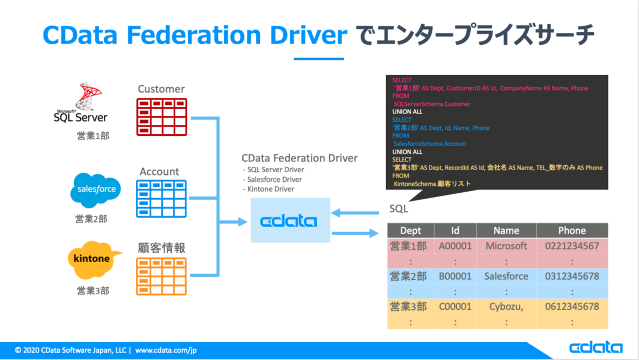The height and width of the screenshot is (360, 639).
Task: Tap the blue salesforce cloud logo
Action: pos(96,190)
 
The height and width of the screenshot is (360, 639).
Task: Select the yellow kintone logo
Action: pos(93,259)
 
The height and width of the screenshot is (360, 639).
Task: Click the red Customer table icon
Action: pos(161,117)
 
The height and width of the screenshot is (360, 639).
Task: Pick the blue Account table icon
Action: pos(161,199)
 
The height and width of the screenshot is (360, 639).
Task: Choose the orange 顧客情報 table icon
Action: pos(161,276)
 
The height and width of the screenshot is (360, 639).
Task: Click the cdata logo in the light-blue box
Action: pos(289,221)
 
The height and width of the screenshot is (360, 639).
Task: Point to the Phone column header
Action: pos(572,231)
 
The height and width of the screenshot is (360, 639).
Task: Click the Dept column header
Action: pos(411,231)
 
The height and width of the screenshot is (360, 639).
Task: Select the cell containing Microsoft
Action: pos(506,246)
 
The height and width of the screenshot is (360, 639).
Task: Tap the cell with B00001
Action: pos(455,276)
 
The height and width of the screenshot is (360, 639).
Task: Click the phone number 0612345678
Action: pos(572,306)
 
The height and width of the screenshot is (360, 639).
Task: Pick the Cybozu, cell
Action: pos(506,306)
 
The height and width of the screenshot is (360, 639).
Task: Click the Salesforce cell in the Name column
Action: pos(506,276)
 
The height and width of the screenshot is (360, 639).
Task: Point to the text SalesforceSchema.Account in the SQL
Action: pos(430,144)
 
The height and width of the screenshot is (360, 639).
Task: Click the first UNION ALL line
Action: pos(407,112)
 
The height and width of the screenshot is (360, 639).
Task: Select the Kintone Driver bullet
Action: pos(270,189)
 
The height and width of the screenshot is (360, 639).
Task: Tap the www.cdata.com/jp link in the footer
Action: pos(166,351)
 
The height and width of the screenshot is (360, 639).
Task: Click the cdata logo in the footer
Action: pos(596,348)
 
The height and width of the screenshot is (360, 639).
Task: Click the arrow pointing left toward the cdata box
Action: pos(355,213)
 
